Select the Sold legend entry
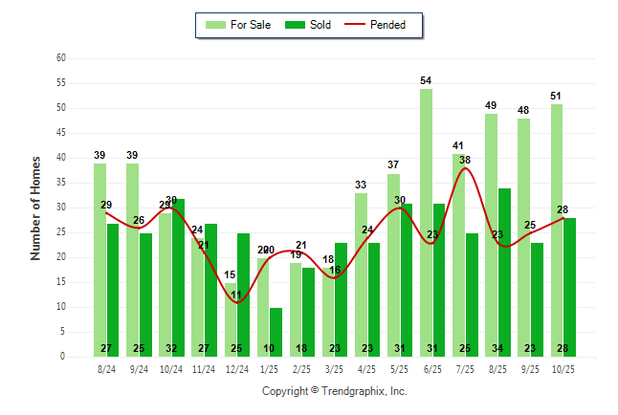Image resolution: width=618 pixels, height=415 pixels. [308, 25]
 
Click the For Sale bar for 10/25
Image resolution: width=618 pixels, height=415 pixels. [556, 229]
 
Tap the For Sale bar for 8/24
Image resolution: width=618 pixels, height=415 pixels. [99, 259]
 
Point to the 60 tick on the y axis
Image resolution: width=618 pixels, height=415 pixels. [61, 58]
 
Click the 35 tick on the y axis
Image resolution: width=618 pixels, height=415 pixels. [61, 183]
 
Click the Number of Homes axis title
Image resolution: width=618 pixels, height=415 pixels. [35, 207]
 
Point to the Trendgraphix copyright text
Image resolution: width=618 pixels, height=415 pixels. [335, 391]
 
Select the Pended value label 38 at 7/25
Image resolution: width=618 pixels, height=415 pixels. [465, 160]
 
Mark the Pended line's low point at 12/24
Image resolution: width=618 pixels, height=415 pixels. [236, 302]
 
